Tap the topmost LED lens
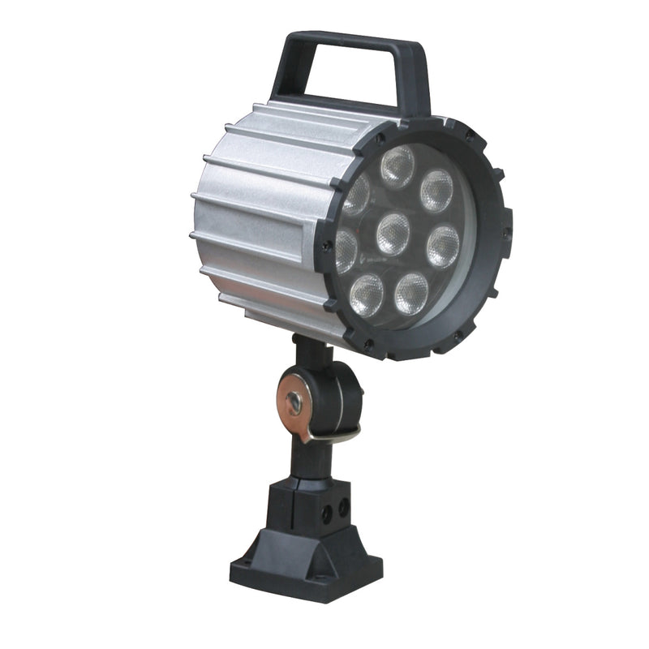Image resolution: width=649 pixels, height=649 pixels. [398, 166]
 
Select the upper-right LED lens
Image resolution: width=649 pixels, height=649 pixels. [437, 191]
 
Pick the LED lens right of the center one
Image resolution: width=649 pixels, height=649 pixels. [443, 246]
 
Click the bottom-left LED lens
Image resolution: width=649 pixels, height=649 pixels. [367, 294]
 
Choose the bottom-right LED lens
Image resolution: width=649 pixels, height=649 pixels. [411, 293]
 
